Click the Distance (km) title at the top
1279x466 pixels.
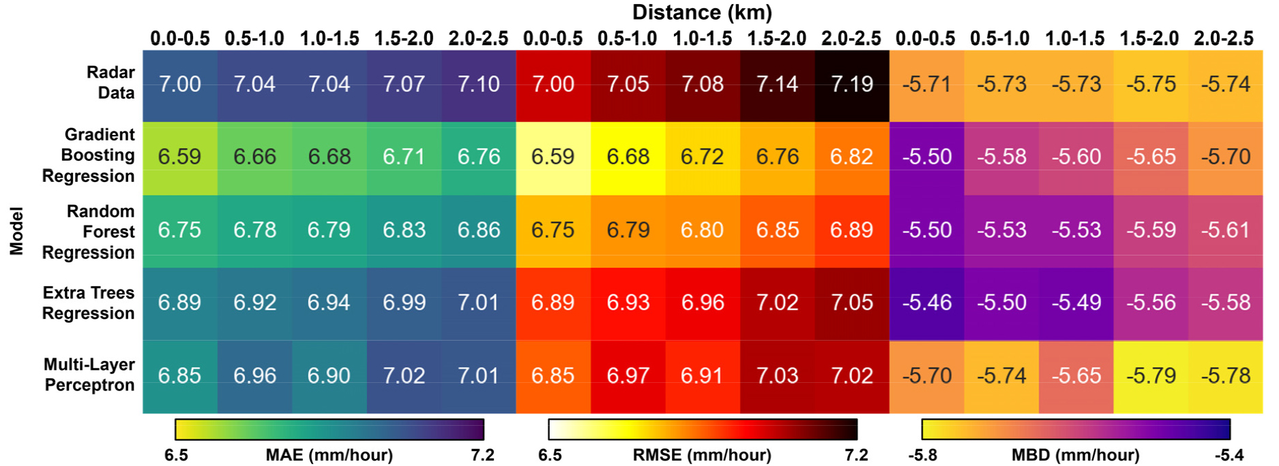coord(702,12)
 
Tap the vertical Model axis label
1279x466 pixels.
coord(16,231)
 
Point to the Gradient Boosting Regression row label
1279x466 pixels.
coord(89,155)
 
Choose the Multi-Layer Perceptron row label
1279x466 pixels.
coord(89,375)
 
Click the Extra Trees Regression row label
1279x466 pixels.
coord(89,302)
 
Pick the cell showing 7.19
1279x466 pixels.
coord(852,84)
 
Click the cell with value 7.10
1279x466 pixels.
coord(478,84)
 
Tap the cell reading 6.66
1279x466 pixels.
coord(254,157)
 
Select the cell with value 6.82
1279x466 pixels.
coord(852,157)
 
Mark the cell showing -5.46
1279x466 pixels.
coord(926,302)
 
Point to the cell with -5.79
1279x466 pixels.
coord(1151,375)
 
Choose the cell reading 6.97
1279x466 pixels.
coord(628,375)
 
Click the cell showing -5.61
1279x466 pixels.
coord(1225,230)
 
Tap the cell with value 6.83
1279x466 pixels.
coord(404,230)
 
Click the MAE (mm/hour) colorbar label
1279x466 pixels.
coord(329,455)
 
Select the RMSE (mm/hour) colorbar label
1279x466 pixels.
coord(702,455)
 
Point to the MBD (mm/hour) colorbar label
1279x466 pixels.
coord(1076,455)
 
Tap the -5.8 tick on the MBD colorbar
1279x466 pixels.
coord(923,455)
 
